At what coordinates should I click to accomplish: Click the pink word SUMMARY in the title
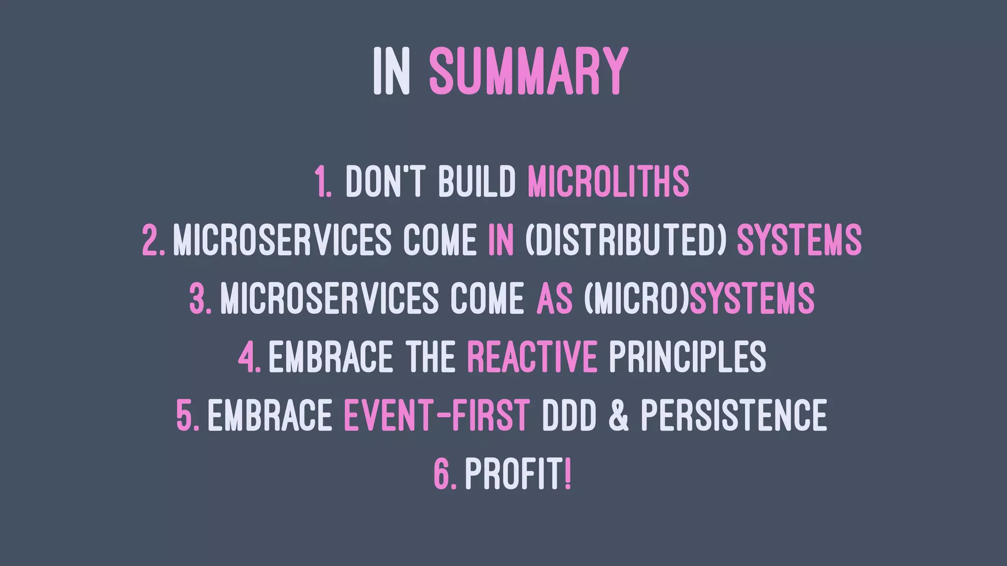[x=528, y=71]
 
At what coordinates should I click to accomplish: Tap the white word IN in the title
[x=391, y=71]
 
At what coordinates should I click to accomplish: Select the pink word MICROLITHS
[x=608, y=181]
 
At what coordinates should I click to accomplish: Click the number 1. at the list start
[x=323, y=181]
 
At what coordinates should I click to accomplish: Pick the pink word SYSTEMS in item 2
[x=799, y=240]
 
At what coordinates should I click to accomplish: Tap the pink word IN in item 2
[x=501, y=240]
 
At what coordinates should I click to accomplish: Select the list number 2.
[x=153, y=240]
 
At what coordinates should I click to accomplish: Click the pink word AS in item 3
[x=555, y=298]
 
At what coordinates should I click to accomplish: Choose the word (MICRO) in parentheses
[x=636, y=298]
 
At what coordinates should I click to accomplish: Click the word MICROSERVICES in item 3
[x=329, y=298]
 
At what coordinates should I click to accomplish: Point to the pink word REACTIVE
[x=532, y=357]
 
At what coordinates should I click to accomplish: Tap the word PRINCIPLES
[x=687, y=357]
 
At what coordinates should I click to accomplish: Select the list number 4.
[x=249, y=357]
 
